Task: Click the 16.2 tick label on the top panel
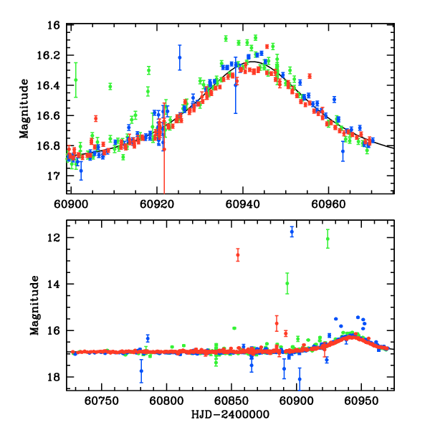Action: (x=52, y=56)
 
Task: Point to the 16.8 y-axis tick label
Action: (x=52, y=146)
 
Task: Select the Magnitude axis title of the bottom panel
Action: (x=34, y=307)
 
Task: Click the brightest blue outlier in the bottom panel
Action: (x=292, y=231)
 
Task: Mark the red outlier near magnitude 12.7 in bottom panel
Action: (x=238, y=254)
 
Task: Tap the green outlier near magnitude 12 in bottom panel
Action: (x=328, y=239)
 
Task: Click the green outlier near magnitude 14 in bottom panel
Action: (x=287, y=283)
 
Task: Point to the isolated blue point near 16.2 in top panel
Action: (x=180, y=57)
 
